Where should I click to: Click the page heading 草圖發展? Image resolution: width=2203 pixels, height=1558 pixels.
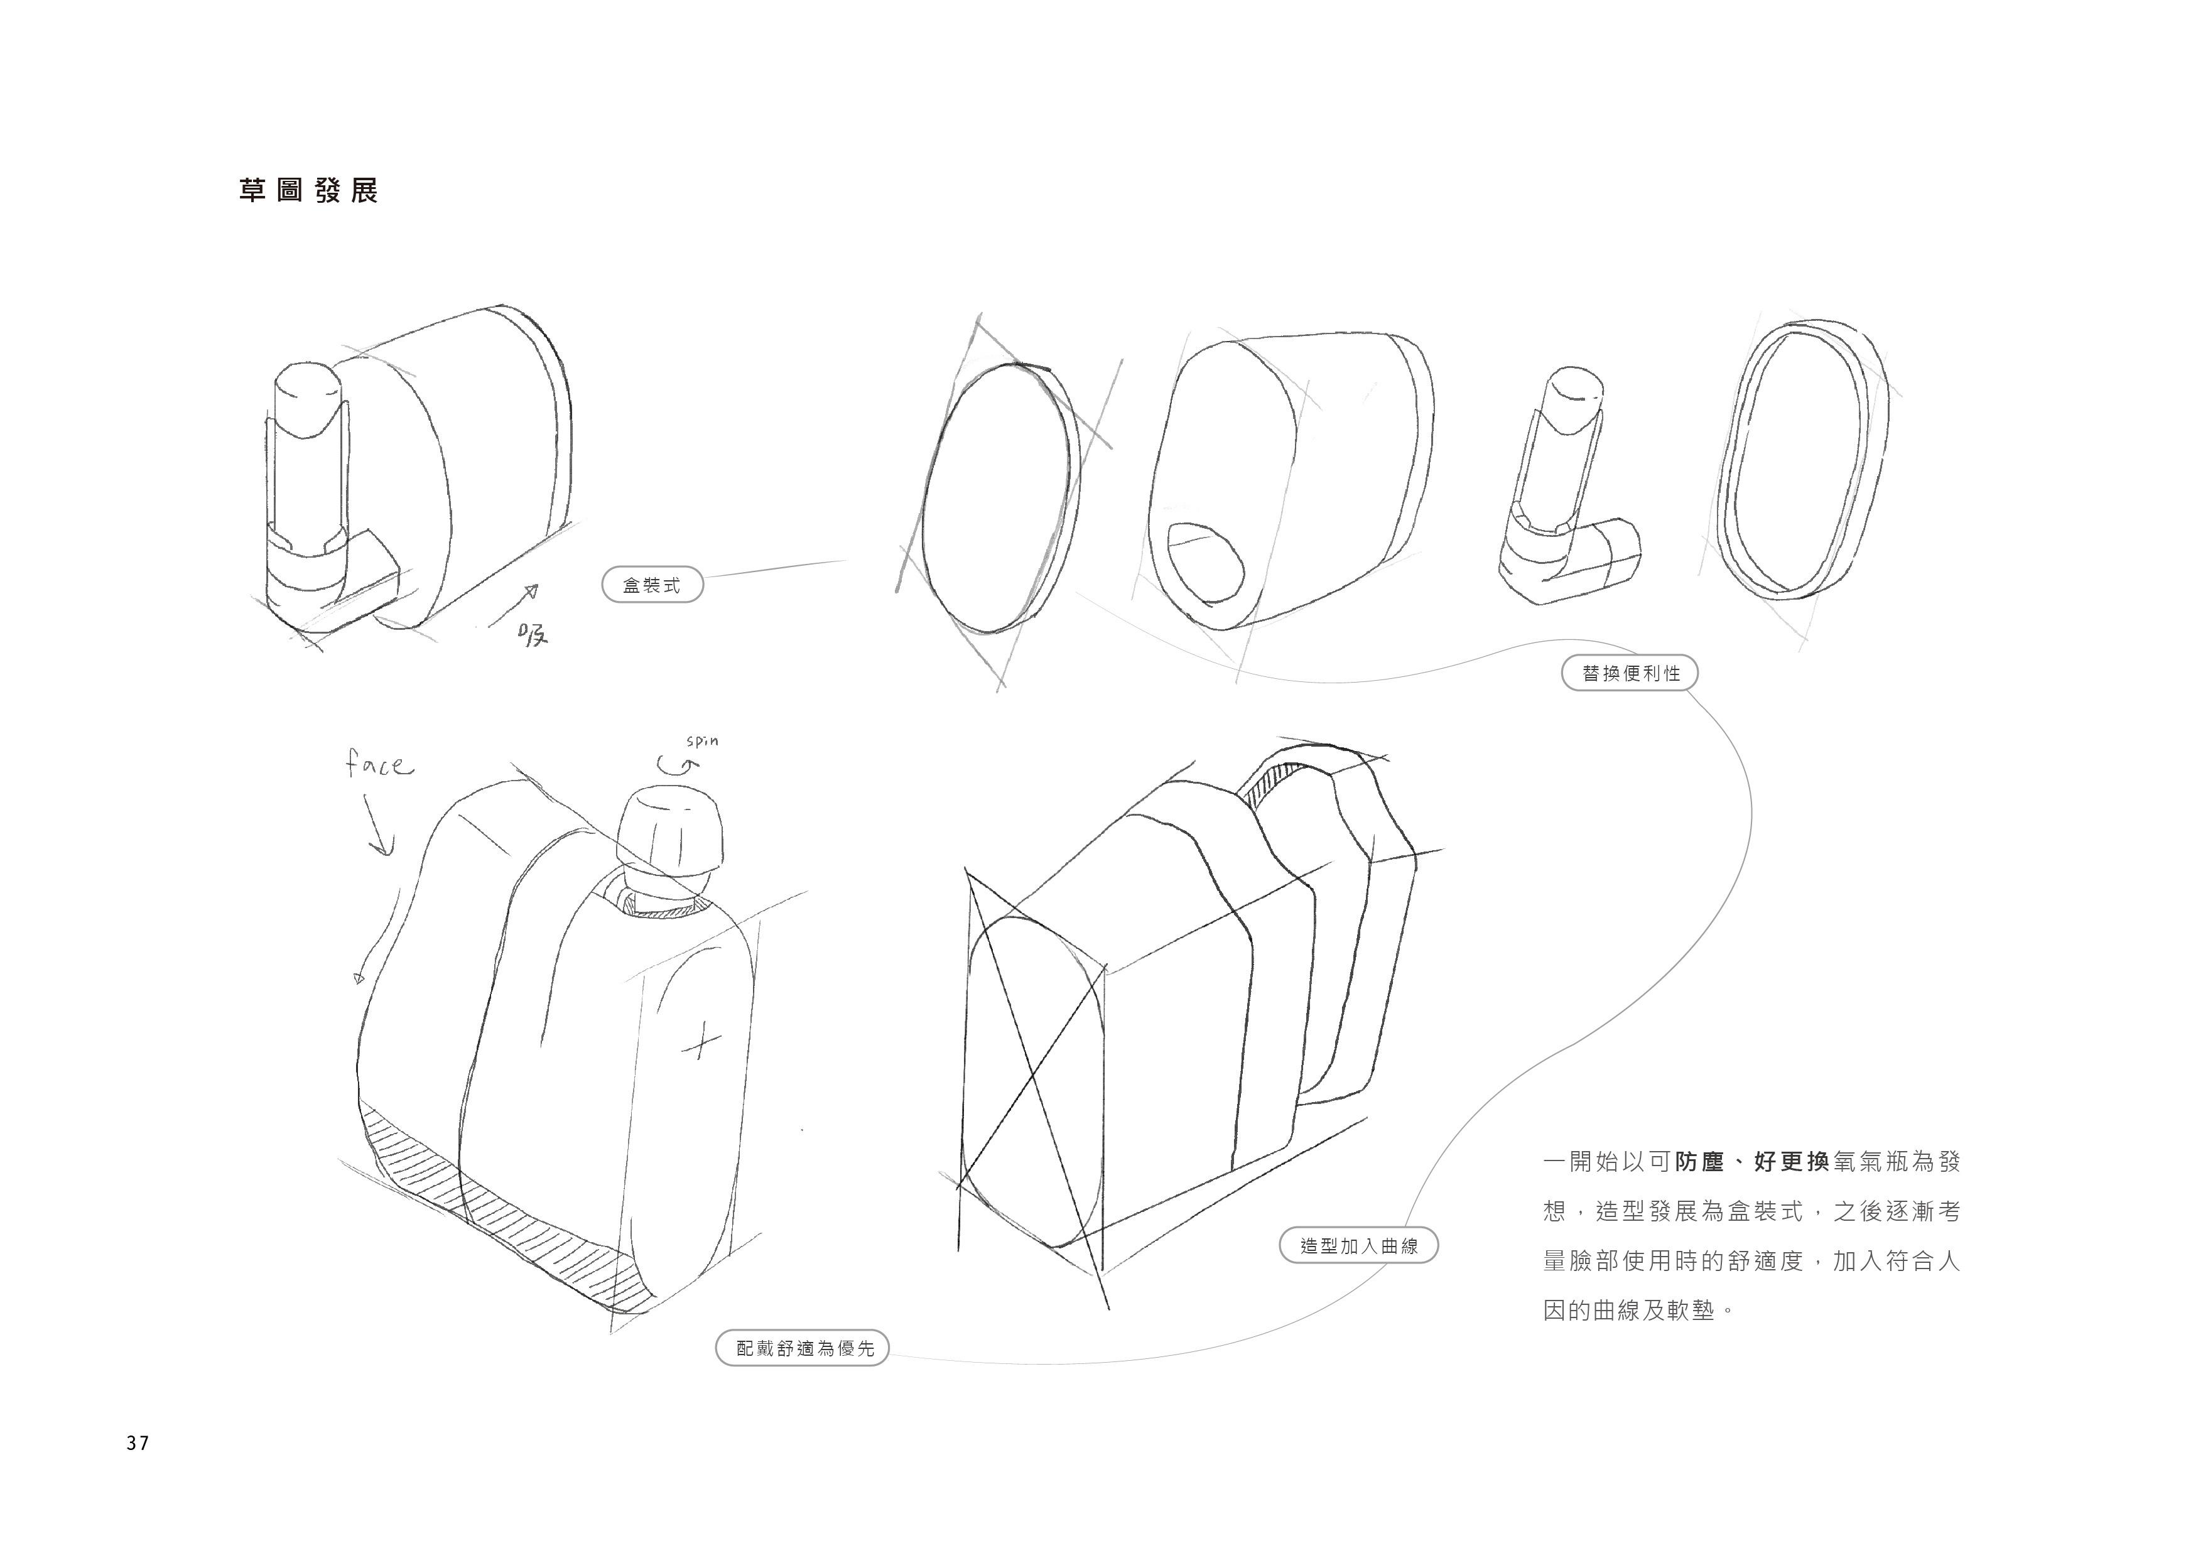pyautogui.click(x=308, y=191)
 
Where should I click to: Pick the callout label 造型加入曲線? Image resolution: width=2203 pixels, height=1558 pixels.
pyautogui.click(x=1358, y=1246)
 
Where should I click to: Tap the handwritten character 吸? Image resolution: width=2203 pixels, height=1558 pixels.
pyautogui.click(x=531, y=634)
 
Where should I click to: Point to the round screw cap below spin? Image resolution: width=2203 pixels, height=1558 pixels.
pyautogui.click(x=669, y=831)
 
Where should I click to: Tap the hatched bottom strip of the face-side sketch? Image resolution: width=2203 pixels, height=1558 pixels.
pyautogui.click(x=499, y=1209)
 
